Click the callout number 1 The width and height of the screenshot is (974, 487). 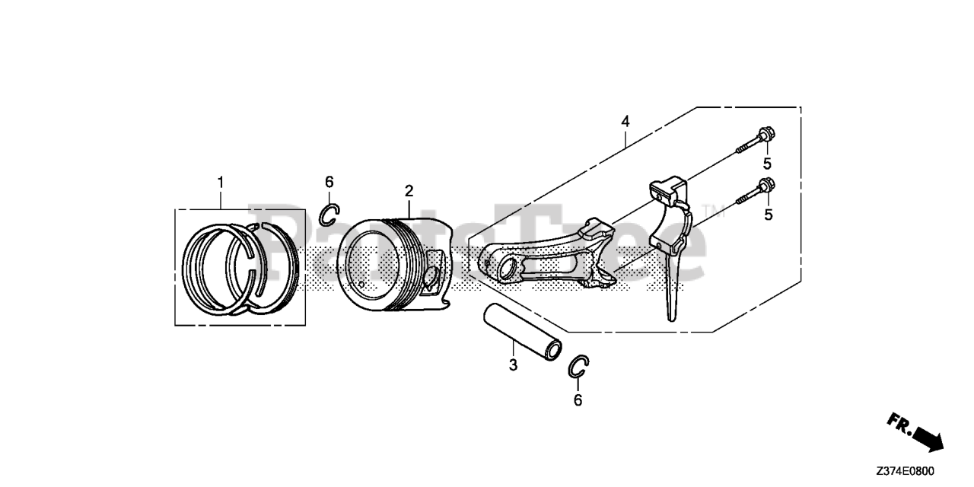[221, 183]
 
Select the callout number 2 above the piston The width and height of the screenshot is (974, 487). [409, 190]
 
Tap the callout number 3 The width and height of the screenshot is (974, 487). [513, 365]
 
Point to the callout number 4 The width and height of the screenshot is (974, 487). [625, 121]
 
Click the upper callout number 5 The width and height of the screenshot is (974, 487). [767, 164]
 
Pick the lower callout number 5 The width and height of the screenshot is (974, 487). [768, 215]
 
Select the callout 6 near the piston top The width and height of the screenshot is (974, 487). [329, 182]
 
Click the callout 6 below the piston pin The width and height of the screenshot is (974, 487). [578, 400]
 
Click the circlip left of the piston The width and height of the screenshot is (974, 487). [329, 215]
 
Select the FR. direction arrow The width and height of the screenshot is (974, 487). [917, 431]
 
